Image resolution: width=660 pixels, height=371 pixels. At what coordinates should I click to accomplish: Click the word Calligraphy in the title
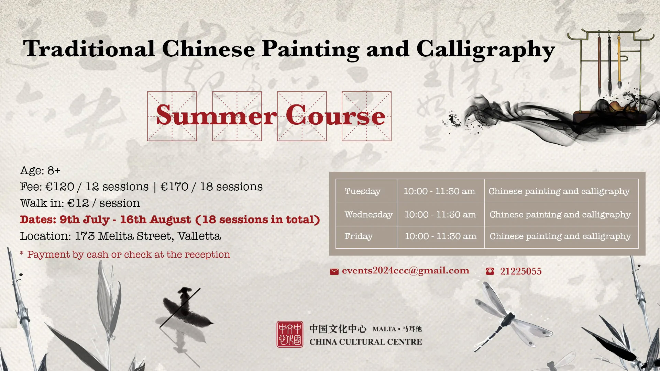coord(486,50)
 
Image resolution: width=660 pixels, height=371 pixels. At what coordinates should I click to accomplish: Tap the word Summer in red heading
coord(216,115)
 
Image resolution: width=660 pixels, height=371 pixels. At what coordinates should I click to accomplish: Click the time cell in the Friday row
coord(441,236)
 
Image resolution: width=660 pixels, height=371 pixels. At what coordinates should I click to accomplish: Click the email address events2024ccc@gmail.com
coord(406,271)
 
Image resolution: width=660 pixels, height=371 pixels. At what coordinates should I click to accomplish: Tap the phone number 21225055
coord(521,271)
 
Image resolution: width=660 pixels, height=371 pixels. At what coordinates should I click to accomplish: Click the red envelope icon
coord(334,272)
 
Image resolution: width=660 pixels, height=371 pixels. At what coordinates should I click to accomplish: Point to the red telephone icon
coord(490,271)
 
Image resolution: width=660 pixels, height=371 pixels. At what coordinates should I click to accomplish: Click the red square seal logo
coord(290,334)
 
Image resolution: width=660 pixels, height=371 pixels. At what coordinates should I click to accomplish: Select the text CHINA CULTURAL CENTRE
coord(366,342)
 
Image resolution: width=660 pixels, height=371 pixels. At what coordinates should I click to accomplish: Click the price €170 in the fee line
coord(174,187)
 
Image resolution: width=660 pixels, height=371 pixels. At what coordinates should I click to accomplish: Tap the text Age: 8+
coord(40,170)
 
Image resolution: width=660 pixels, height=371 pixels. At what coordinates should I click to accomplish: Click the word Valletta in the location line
coord(199,236)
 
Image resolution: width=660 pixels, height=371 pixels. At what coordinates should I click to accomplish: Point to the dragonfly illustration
coord(509,318)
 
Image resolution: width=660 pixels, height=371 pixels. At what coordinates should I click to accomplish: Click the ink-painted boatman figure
coord(185,311)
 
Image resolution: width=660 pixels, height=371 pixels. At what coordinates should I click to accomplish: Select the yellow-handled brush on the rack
coord(619,60)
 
